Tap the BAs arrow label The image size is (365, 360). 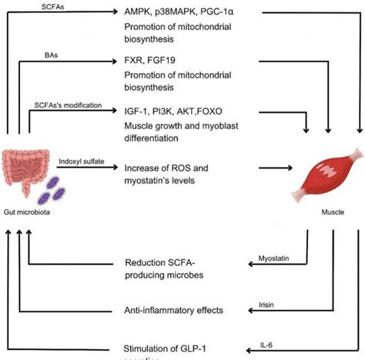(51, 56)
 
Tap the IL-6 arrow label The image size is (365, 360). (265, 344)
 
